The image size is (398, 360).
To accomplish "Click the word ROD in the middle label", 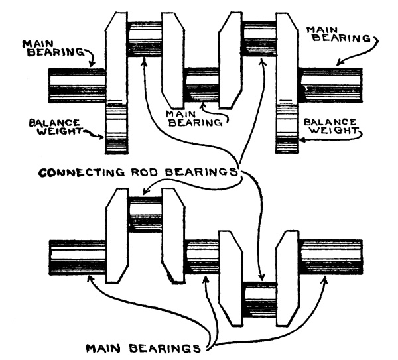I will (x=160, y=174).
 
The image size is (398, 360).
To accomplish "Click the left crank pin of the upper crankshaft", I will (x=146, y=39).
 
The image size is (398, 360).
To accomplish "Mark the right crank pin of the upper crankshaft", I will (x=261, y=39).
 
